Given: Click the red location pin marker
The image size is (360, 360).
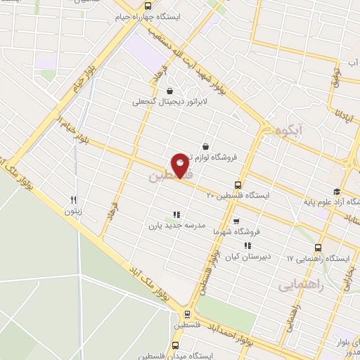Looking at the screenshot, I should coord(180,165).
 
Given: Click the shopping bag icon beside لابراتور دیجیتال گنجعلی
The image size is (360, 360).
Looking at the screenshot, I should coord(169,91).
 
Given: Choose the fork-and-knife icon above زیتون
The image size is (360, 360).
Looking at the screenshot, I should coord(73,200).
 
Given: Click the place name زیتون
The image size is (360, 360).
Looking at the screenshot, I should coord(73,210).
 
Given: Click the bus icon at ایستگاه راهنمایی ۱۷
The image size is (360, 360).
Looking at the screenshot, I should coord(319,247).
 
